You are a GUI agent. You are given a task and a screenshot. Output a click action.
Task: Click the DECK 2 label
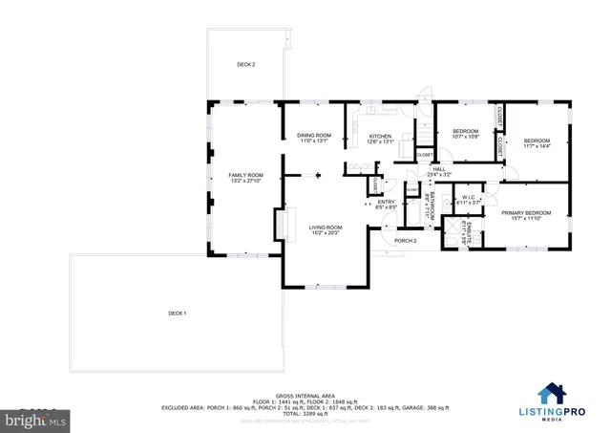click(x=246, y=65)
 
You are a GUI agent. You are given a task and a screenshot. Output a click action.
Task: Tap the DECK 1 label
click(x=177, y=314)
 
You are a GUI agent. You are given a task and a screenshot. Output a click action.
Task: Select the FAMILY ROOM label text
click(x=245, y=175)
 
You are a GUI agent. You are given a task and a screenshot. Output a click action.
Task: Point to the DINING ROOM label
click(x=314, y=135)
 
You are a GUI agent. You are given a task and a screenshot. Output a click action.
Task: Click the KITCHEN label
click(x=380, y=137)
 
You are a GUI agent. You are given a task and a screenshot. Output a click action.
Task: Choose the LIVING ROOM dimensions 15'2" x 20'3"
click(x=324, y=232)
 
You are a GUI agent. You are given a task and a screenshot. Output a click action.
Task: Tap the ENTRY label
click(x=386, y=202)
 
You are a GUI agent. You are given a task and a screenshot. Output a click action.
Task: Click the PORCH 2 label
click(x=406, y=241)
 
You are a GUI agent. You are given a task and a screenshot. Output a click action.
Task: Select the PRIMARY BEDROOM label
click(x=526, y=212)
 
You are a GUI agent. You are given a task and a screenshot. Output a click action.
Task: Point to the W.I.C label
click(x=468, y=198)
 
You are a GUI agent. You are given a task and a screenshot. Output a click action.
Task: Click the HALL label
click(x=438, y=169)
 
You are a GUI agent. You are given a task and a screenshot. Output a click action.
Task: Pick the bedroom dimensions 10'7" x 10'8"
click(x=465, y=137)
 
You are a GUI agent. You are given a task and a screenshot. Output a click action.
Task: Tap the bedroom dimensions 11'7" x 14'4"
click(x=537, y=146)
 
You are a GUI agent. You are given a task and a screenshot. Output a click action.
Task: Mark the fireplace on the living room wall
click(x=280, y=225)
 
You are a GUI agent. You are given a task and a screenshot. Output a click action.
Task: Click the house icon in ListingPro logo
click(x=553, y=394)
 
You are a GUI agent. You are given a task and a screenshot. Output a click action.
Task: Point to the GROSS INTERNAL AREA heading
click(x=305, y=395)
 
